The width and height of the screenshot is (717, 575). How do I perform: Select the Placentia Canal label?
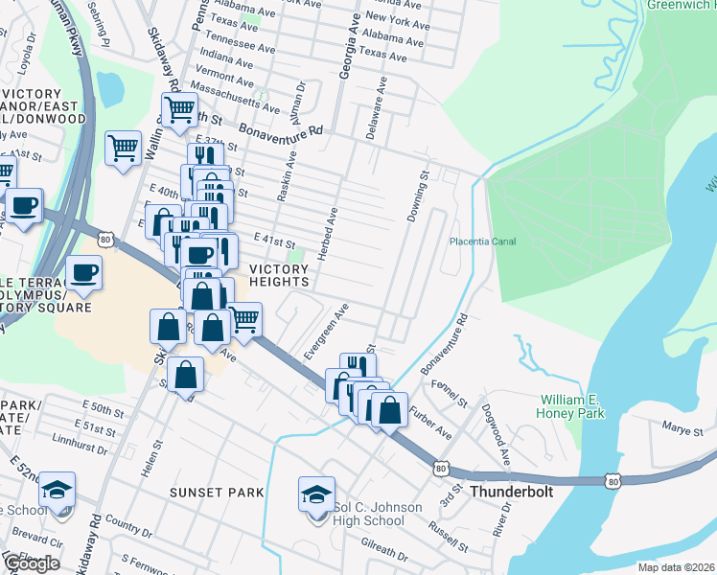point(484,241)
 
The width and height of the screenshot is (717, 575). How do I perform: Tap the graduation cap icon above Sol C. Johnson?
point(316,494)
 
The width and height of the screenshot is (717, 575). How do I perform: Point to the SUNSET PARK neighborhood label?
point(217,493)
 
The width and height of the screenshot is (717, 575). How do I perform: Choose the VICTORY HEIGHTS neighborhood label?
point(279,276)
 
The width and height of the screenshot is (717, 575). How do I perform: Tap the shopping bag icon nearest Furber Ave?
point(390,410)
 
